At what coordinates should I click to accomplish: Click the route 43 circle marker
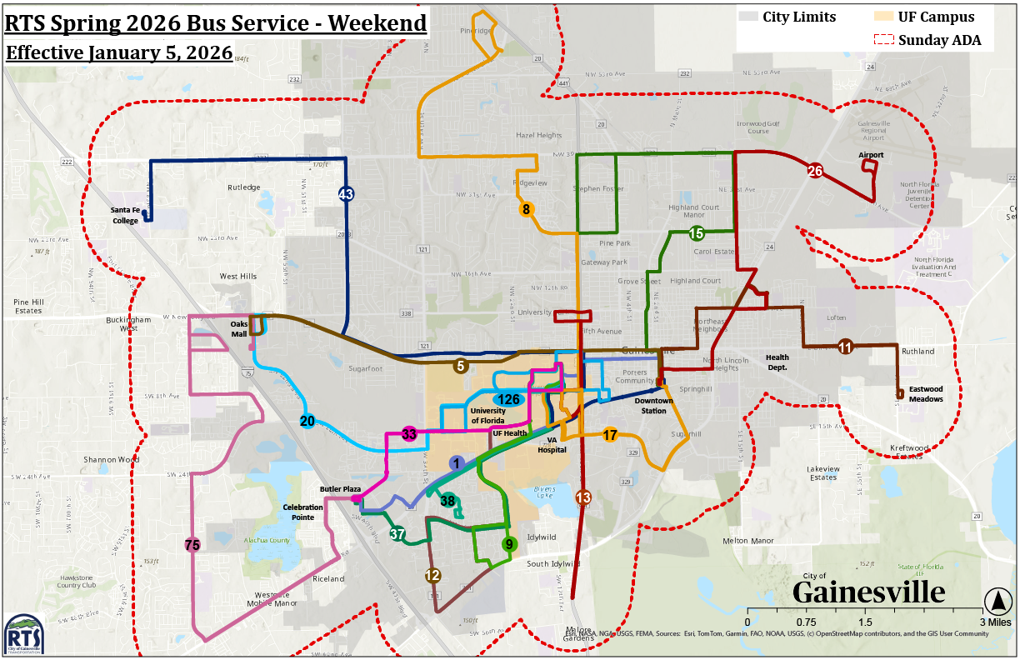point(346,194)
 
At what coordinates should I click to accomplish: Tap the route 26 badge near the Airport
point(815,172)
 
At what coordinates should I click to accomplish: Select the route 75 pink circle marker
point(192,545)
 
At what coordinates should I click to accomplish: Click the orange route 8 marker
point(526,209)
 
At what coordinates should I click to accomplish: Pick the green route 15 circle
point(697,233)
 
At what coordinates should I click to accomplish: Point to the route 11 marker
point(845,347)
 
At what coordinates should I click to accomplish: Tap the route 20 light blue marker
point(307,421)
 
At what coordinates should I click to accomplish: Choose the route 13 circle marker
point(583,497)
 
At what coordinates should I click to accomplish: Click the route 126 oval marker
point(509,399)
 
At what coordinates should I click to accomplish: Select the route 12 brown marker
point(432,575)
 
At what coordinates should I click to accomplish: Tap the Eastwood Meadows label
point(925,393)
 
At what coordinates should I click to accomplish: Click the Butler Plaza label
point(339,489)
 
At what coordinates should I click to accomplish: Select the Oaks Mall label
point(240,329)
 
